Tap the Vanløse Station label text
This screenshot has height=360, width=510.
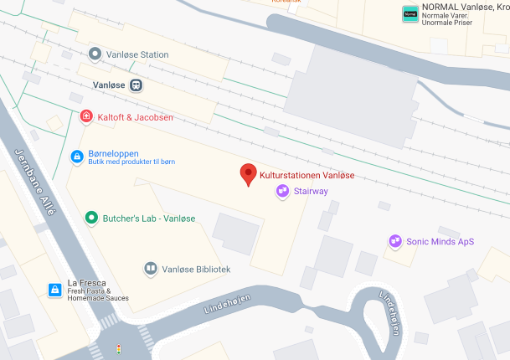[x=142, y=54]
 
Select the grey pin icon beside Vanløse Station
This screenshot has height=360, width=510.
[x=95, y=54]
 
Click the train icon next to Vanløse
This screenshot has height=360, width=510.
[x=135, y=85]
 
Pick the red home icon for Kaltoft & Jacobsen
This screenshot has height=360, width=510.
[x=85, y=116]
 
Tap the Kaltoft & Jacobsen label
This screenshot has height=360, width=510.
[x=136, y=117]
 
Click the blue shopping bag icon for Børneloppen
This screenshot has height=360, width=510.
[x=76, y=156]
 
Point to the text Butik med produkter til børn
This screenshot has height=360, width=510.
[x=132, y=162]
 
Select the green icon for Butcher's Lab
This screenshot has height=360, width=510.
[x=91, y=218]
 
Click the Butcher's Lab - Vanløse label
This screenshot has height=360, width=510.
[x=149, y=219]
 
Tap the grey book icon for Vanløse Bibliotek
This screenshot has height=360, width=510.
[x=150, y=269]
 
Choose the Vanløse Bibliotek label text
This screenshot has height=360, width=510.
[x=196, y=270]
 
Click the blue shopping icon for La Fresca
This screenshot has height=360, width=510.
[x=54, y=290]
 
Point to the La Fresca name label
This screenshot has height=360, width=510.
[x=87, y=283]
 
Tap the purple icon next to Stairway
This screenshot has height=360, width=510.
[x=283, y=192]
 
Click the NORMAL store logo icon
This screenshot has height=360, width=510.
[x=410, y=13]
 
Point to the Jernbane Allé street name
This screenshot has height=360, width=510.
[x=36, y=183]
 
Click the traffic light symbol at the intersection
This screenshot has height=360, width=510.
[x=118, y=348]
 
